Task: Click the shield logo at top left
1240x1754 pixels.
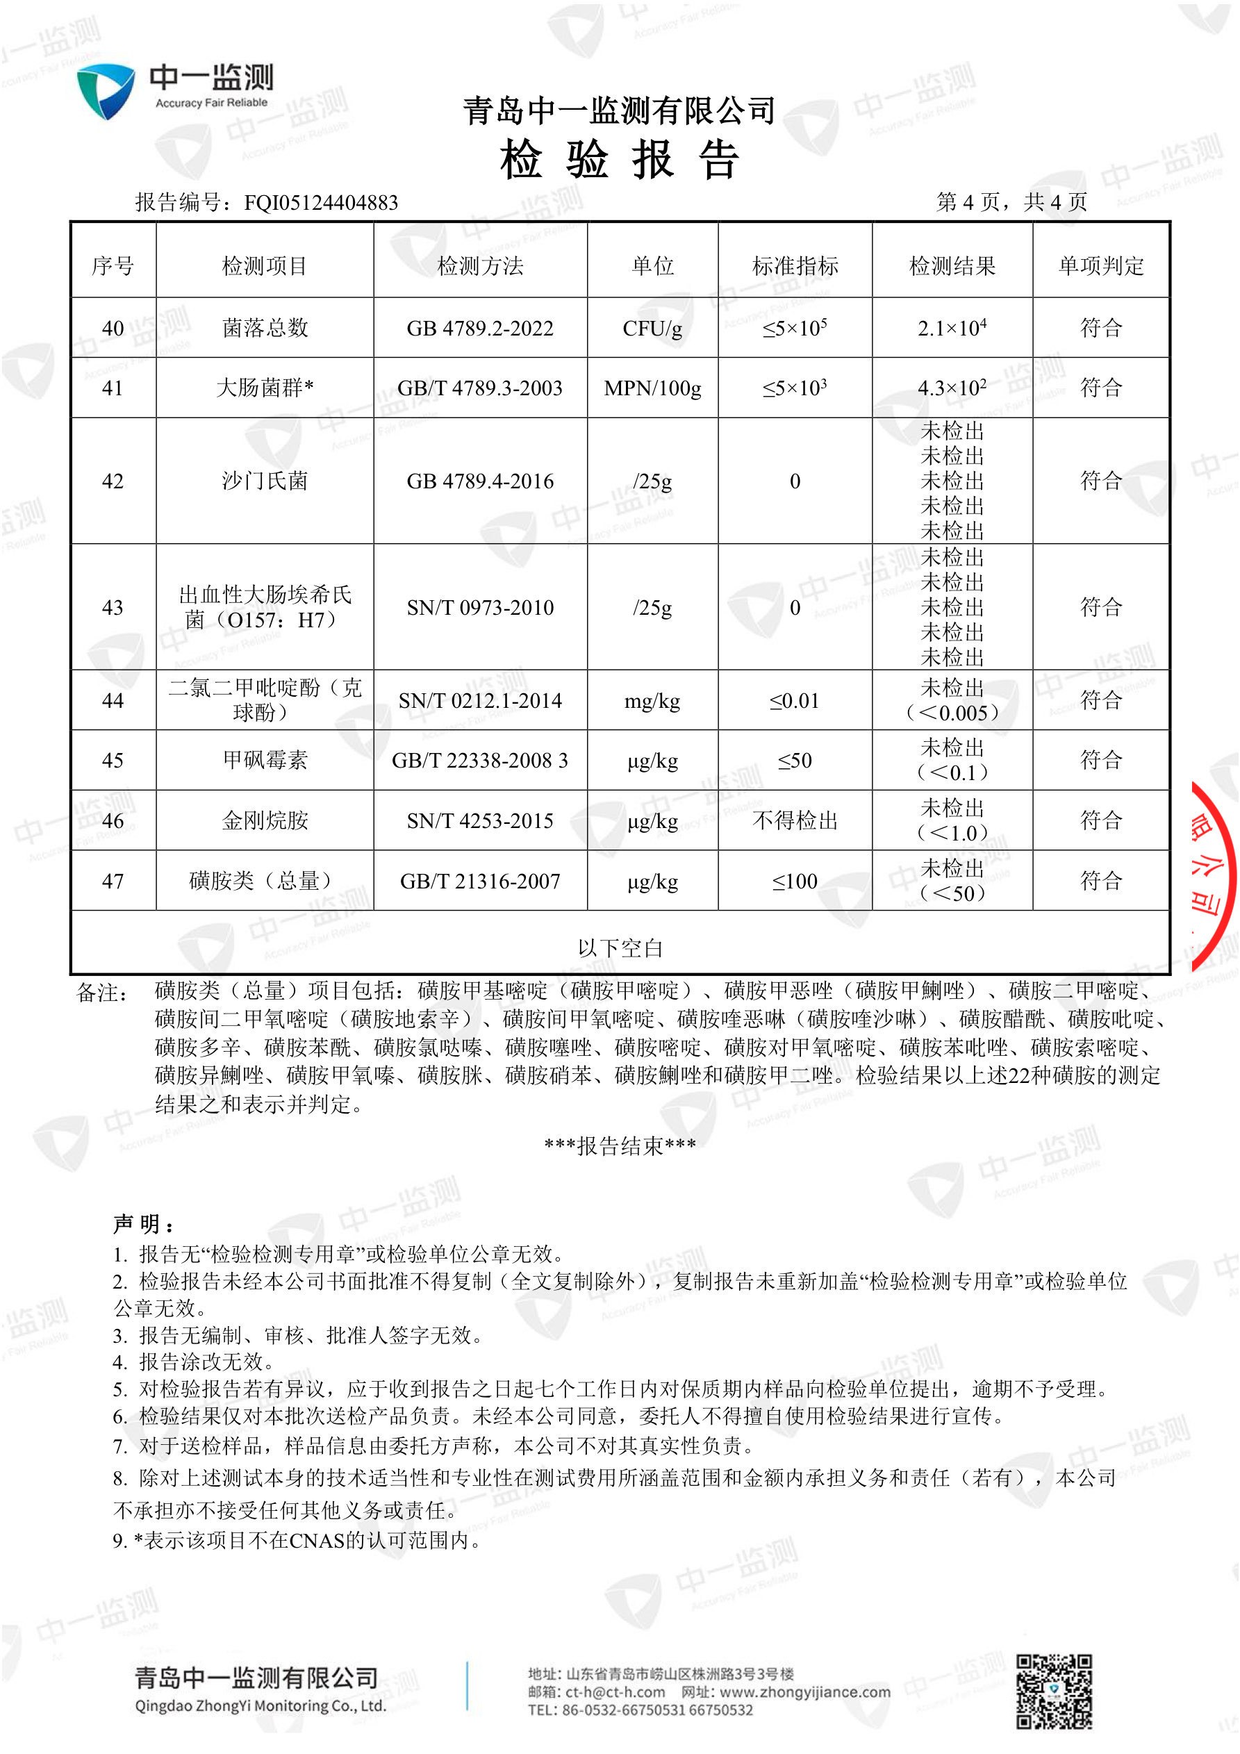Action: pyautogui.click(x=106, y=91)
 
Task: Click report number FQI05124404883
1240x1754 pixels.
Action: pyautogui.click(x=321, y=202)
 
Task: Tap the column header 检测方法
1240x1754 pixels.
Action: pyautogui.click(x=480, y=266)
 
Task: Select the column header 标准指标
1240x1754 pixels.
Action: pyautogui.click(x=795, y=266)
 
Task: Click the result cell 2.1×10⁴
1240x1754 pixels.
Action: pyautogui.click(x=951, y=328)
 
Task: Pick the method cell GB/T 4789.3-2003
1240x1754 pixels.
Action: pyautogui.click(x=480, y=388)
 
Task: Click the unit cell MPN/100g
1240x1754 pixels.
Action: pyautogui.click(x=652, y=388)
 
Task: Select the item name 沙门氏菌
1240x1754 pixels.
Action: pyautogui.click(x=265, y=481)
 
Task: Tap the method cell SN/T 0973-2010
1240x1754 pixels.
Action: pyautogui.click(x=480, y=607)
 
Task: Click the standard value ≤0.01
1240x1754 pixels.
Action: pyautogui.click(x=795, y=700)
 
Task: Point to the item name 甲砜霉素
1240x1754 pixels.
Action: pyautogui.click(x=265, y=760)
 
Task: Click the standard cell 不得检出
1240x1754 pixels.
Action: pyautogui.click(x=795, y=820)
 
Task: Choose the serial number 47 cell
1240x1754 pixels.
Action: pyautogui.click(x=113, y=881)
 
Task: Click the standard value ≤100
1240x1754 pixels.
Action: pyautogui.click(x=795, y=881)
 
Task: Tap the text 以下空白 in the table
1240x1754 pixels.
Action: pyautogui.click(x=620, y=948)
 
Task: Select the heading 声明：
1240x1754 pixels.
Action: pyautogui.click(x=144, y=1224)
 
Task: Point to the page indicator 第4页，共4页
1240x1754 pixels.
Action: pyautogui.click(x=1011, y=202)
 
